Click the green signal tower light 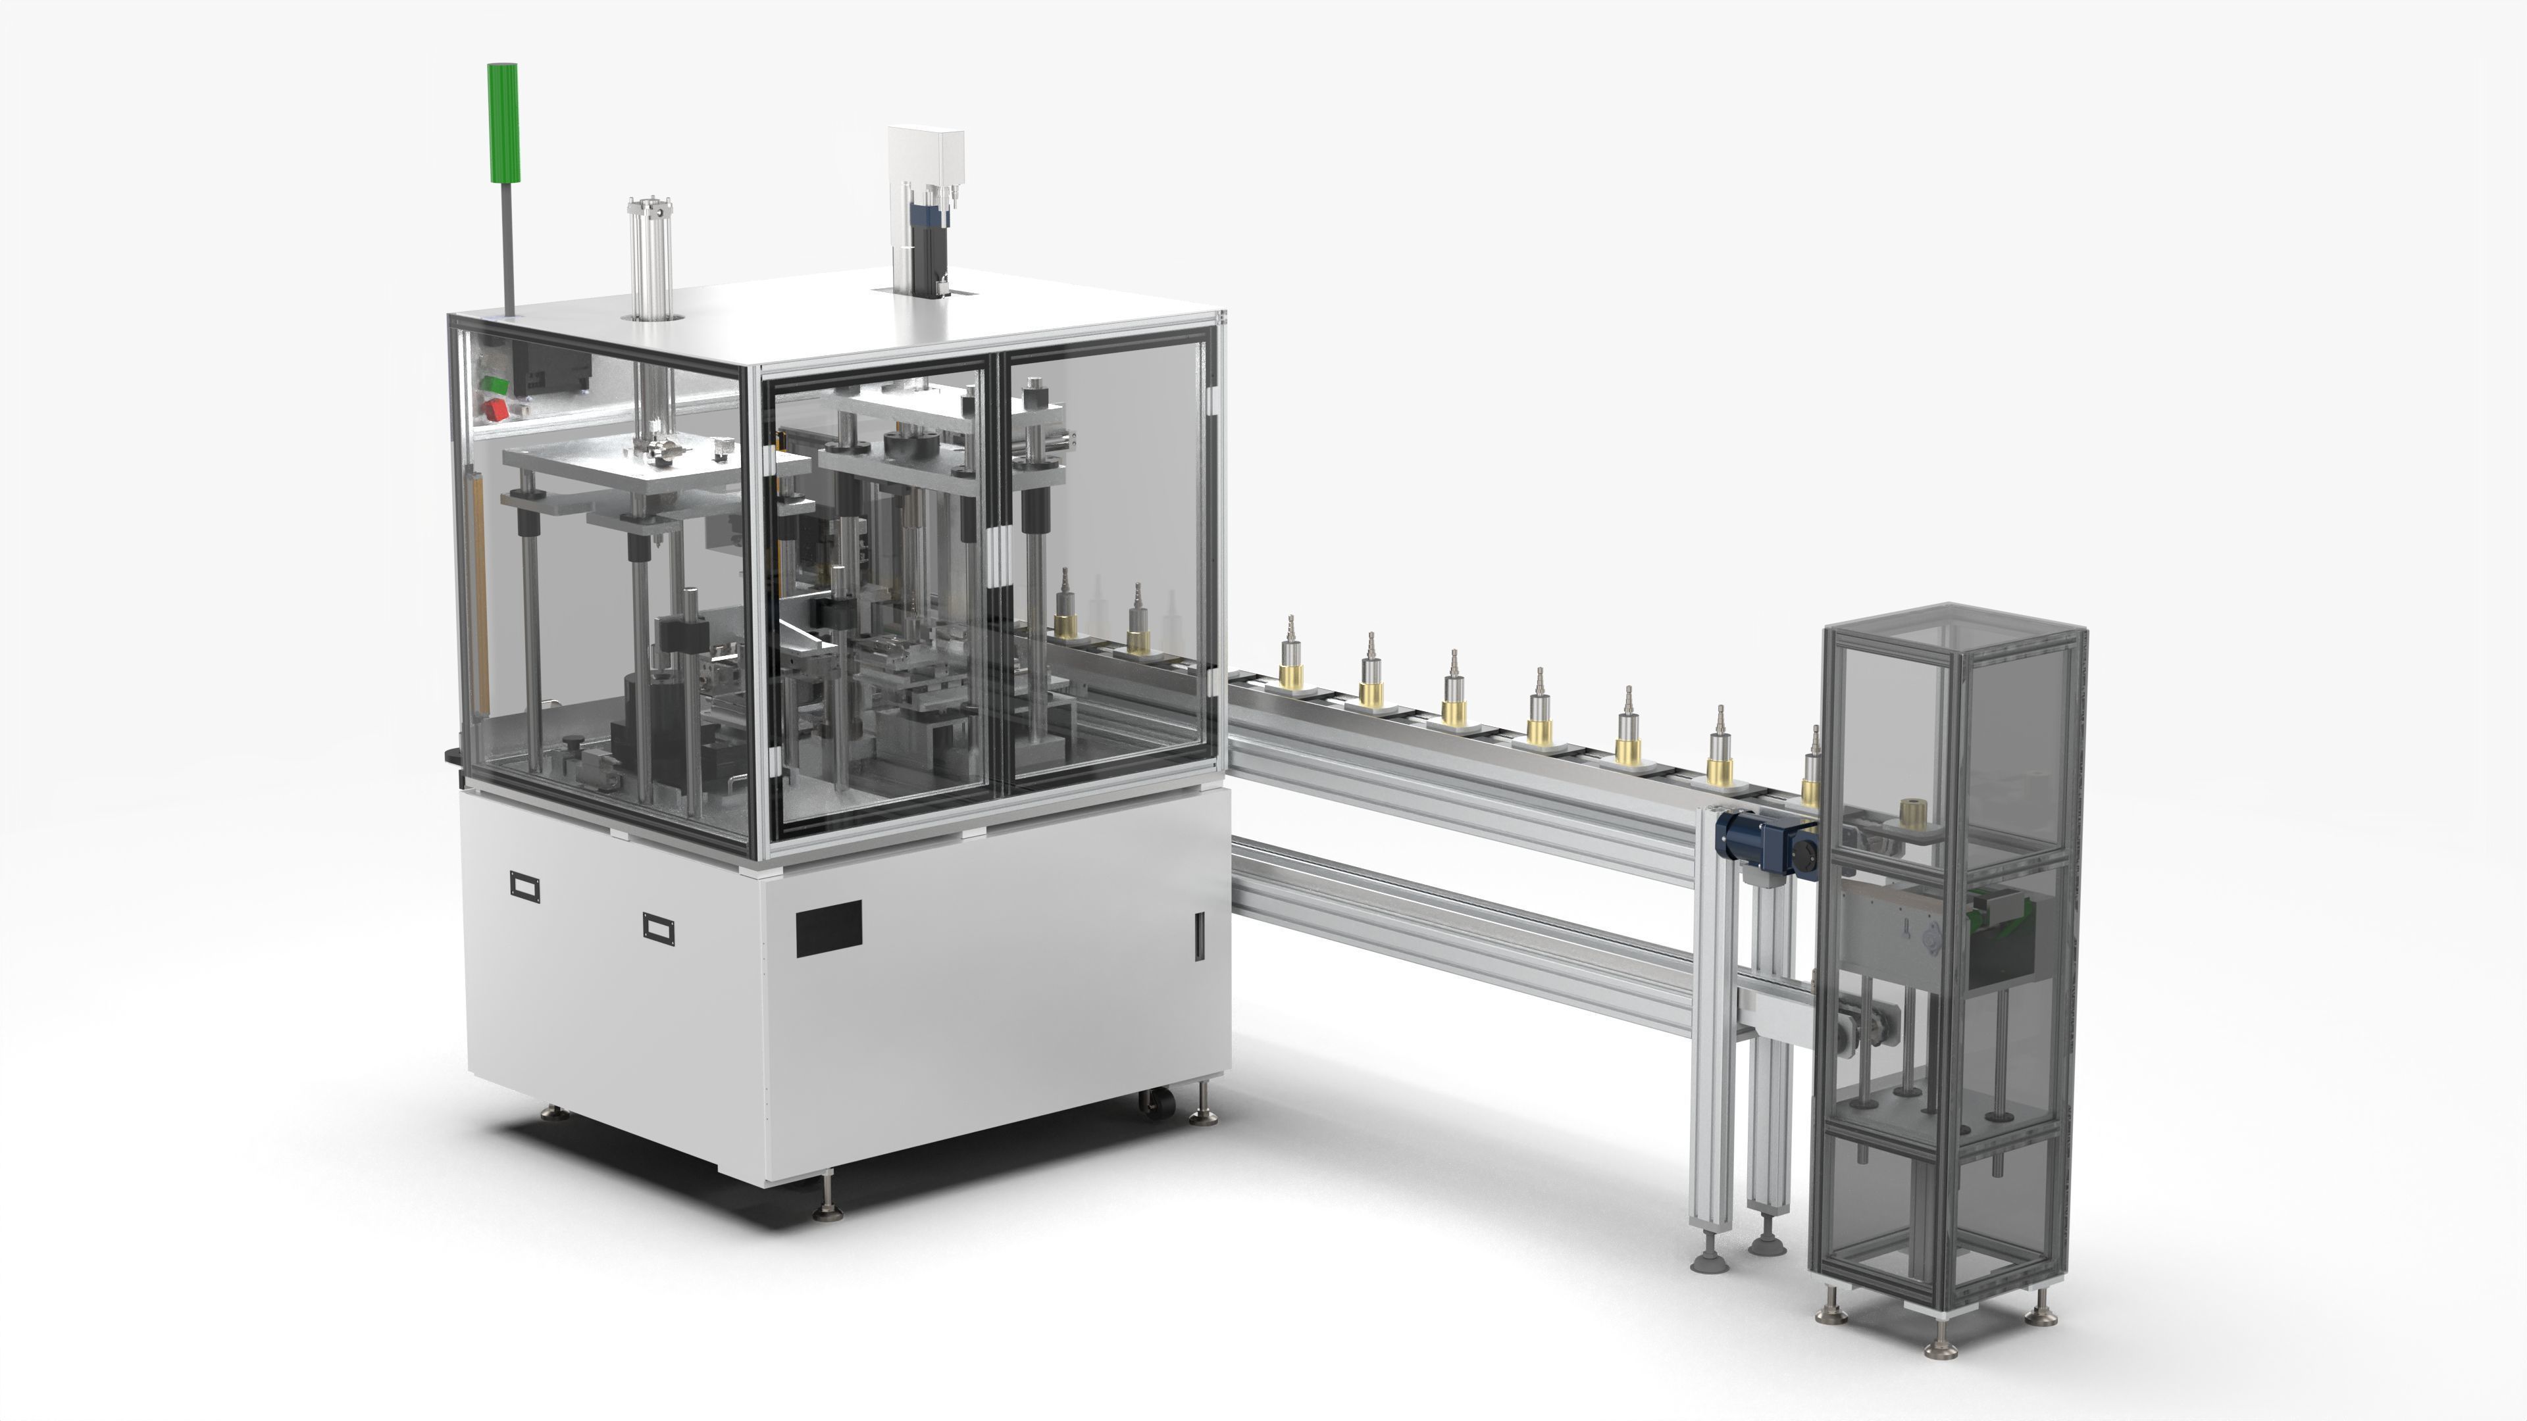[x=502, y=122]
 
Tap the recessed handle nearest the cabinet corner [x=658, y=927]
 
